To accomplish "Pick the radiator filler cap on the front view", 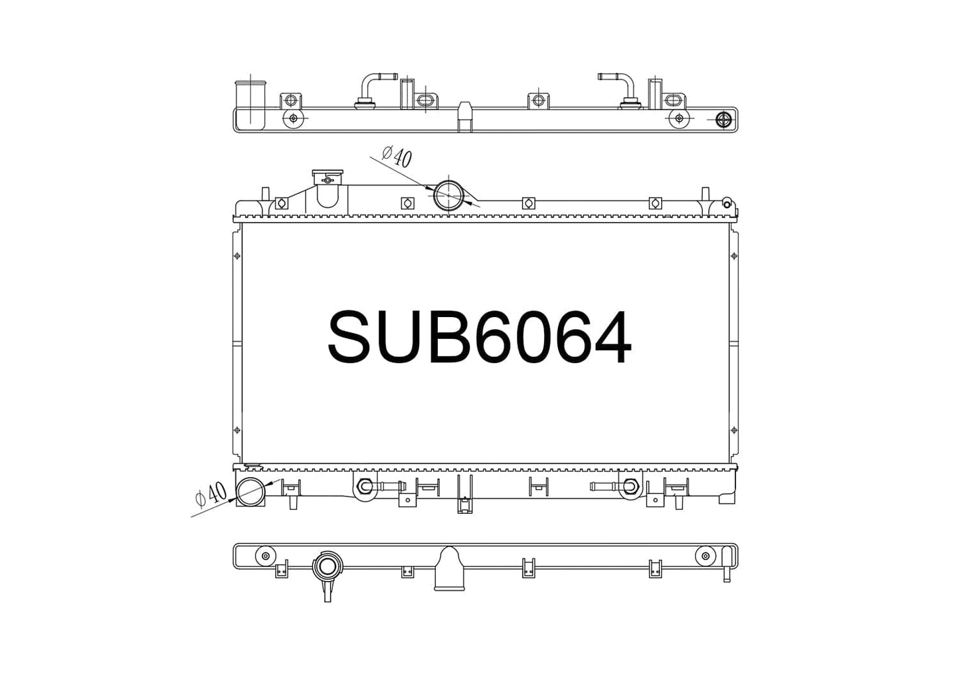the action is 328,176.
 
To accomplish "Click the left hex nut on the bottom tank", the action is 365,486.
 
